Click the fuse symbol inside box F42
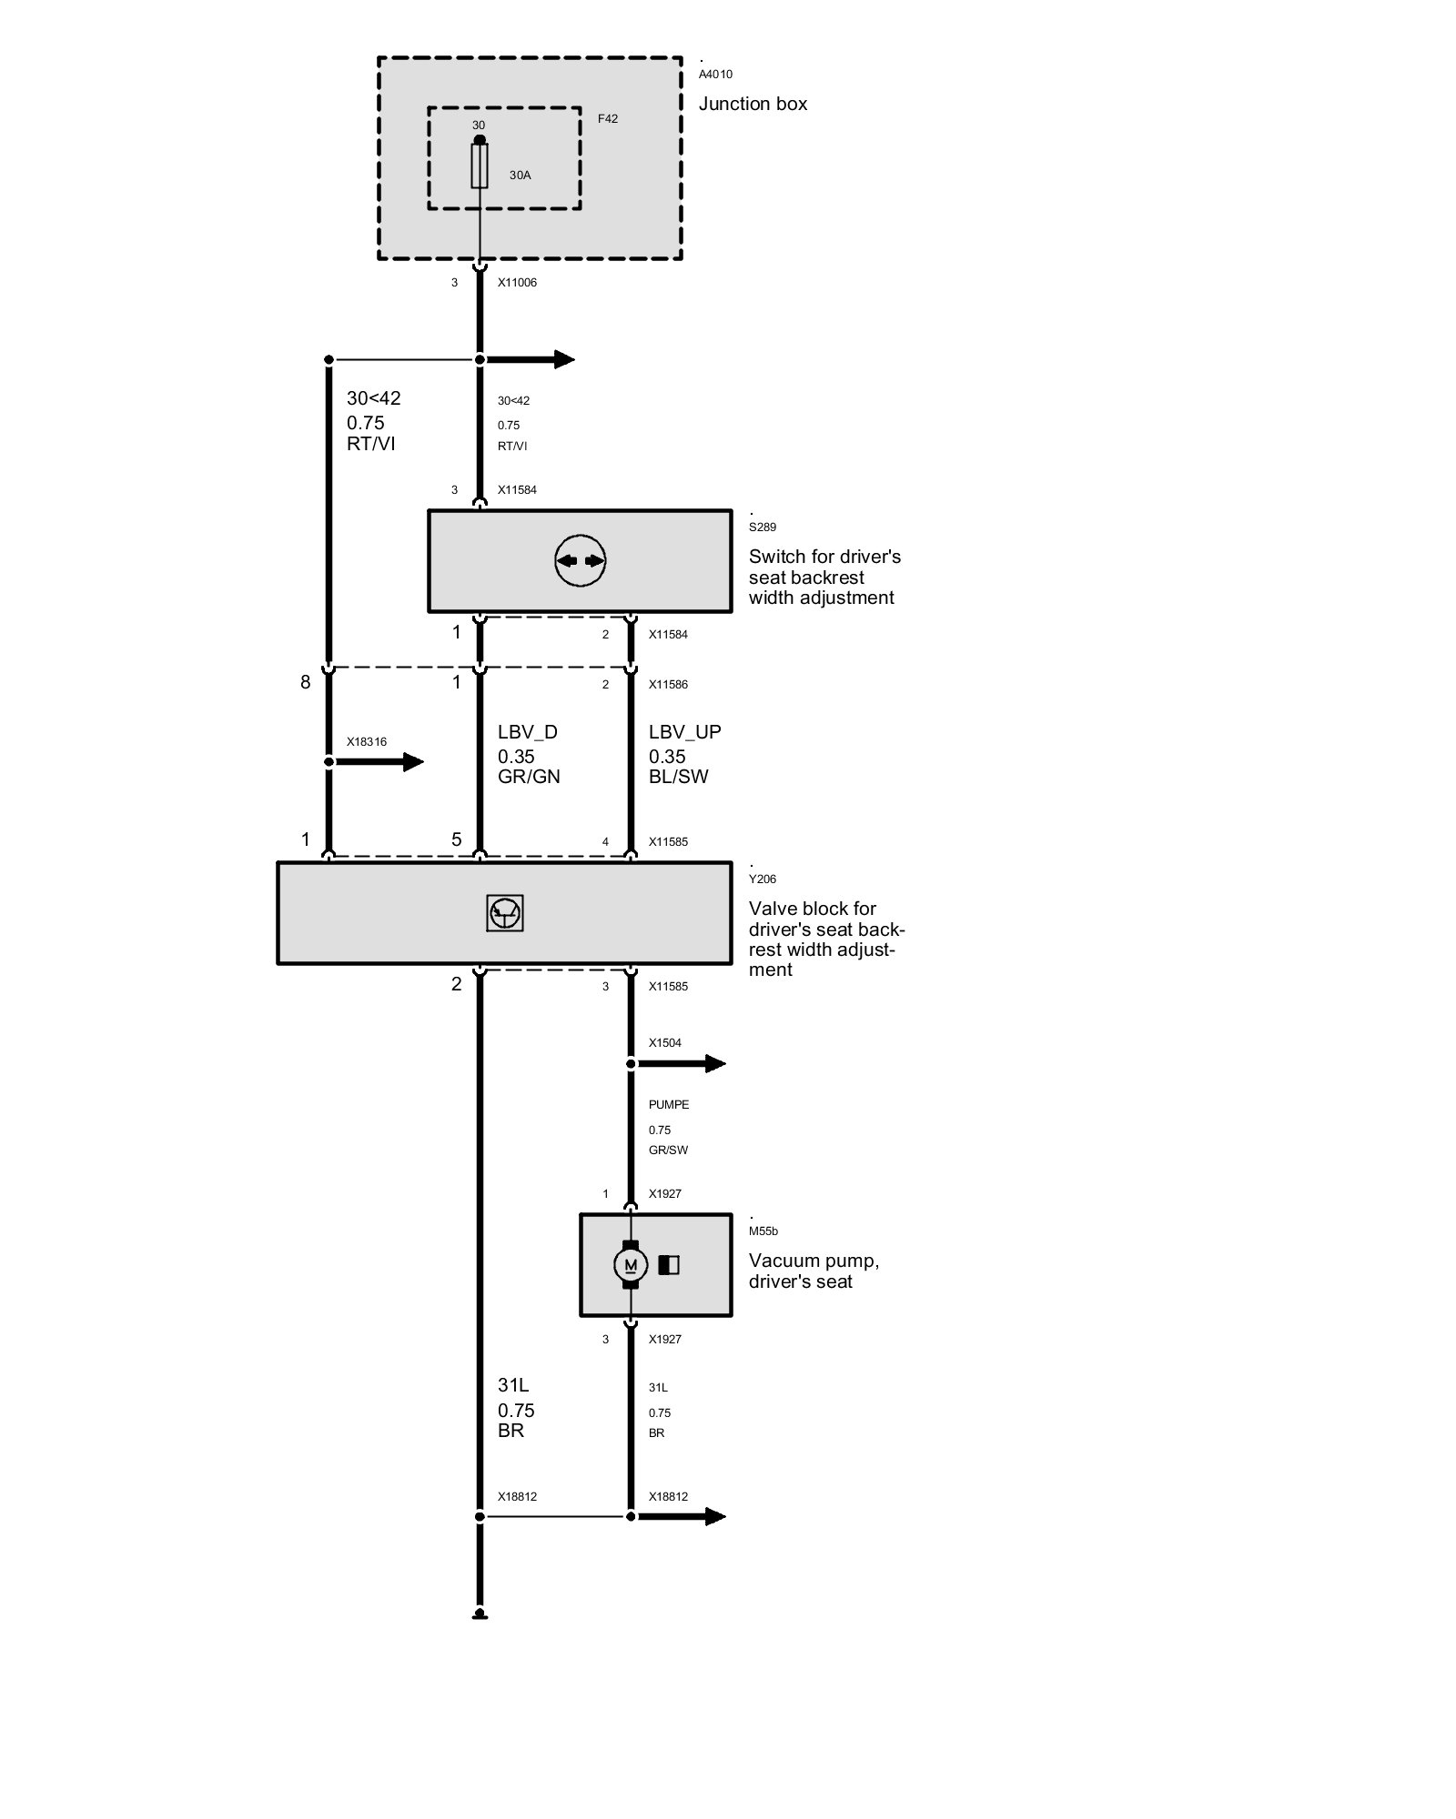click(480, 166)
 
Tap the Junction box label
click(753, 105)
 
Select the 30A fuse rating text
click(520, 176)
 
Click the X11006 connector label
click(517, 283)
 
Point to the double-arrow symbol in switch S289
click(580, 561)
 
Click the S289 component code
click(763, 528)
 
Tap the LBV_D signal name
click(528, 732)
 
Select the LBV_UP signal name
click(685, 732)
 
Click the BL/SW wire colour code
click(679, 777)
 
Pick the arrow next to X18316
click(377, 761)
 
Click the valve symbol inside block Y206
click(504, 913)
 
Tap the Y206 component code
click(763, 879)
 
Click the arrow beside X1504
click(678, 1063)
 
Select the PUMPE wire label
click(669, 1105)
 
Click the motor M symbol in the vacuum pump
click(631, 1265)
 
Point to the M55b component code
click(763, 1231)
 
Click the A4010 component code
click(715, 75)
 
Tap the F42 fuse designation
click(608, 119)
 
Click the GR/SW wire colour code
click(668, 1150)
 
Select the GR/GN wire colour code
click(529, 777)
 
